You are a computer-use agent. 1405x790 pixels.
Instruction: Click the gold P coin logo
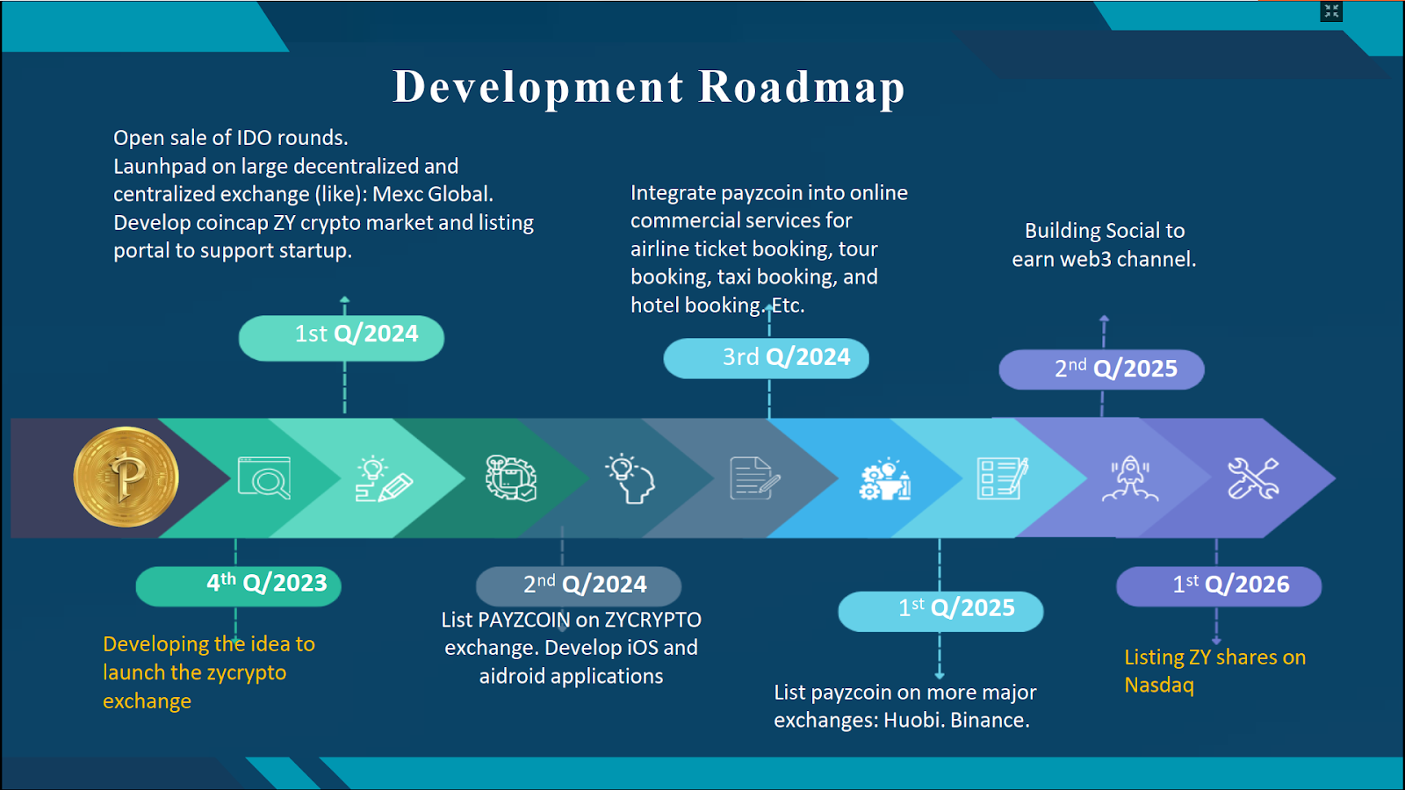126,477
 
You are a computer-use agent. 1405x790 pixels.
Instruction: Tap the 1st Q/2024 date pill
342,338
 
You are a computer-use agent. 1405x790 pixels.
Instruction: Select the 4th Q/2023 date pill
238,586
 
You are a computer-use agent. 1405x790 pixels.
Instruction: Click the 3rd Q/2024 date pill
767,358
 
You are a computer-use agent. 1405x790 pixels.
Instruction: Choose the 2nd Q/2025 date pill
1101,370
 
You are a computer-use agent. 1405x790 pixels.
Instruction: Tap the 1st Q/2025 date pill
940,611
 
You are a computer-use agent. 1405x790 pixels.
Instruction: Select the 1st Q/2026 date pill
1219,586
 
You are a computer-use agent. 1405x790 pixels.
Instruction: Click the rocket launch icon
1130,478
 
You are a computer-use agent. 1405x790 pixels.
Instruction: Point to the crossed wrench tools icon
1253,478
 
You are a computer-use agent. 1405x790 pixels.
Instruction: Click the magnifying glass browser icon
264,478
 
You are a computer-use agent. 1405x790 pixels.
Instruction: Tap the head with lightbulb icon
630,478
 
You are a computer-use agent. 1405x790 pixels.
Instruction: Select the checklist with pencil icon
1002,478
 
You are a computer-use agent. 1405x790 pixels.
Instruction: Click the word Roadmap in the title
802,87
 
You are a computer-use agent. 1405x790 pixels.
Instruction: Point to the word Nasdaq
1158,686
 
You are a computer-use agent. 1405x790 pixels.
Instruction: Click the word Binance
990,721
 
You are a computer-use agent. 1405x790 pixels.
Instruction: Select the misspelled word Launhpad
160,167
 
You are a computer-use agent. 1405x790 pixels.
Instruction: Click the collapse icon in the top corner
1331,11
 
